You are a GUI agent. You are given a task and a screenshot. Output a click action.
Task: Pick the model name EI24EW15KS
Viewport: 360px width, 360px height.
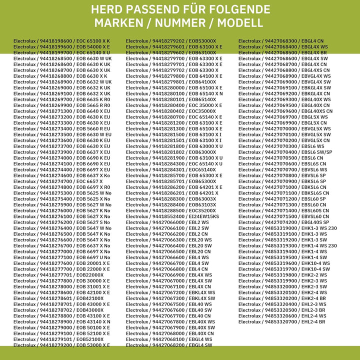click(203, 216)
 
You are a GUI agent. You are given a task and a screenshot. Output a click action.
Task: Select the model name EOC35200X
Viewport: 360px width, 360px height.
click(202, 210)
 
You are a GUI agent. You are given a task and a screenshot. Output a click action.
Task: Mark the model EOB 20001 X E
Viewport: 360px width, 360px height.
click(93, 263)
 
